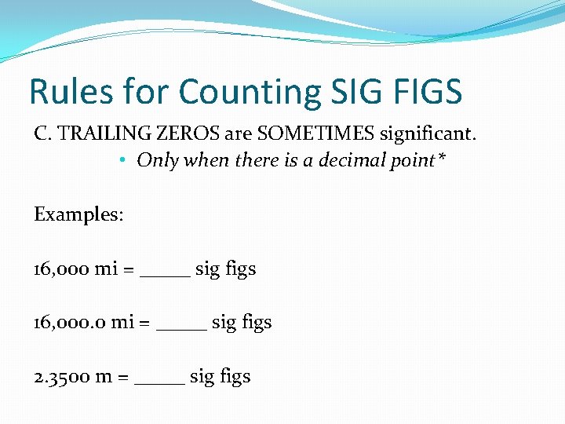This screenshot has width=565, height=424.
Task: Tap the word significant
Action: pos(428,134)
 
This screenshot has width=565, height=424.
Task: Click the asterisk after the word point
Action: pos(443,158)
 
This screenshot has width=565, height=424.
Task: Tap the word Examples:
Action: pos(78,214)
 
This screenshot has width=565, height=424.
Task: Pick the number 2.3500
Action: pos(61,376)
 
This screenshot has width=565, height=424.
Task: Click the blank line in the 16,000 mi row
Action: pos(165,276)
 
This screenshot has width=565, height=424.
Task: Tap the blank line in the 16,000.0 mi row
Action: pos(182,328)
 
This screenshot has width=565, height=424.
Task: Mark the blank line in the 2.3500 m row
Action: pos(160,382)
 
